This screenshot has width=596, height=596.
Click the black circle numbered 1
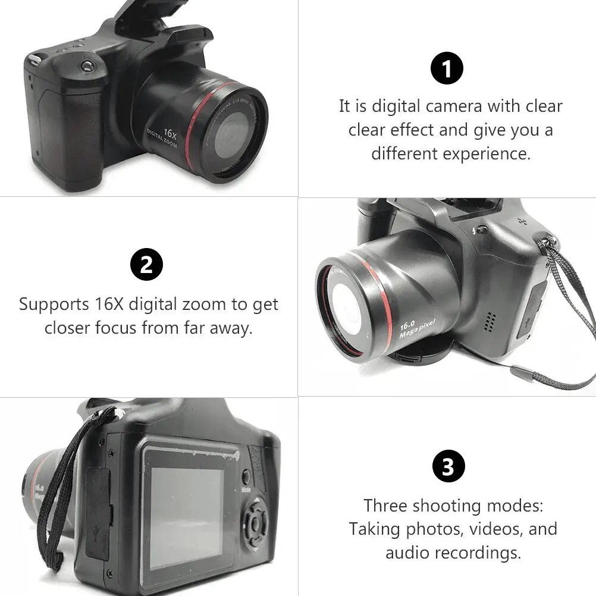click(447, 68)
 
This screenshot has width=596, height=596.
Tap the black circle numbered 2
click(146, 265)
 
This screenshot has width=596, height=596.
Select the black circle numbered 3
click(447, 468)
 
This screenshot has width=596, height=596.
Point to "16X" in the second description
click(109, 304)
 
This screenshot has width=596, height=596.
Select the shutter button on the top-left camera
click(89, 64)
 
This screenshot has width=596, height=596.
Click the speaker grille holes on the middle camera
click(490, 322)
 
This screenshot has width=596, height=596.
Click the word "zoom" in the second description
click(202, 304)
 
